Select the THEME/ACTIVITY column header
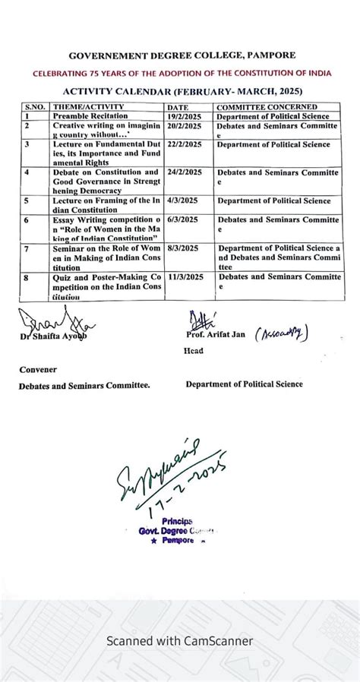click(83, 107)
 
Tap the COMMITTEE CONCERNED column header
click(267, 107)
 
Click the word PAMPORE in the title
click(269, 55)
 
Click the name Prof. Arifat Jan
click(216, 334)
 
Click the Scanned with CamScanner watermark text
click(180, 641)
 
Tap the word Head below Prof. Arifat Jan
click(193, 352)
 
